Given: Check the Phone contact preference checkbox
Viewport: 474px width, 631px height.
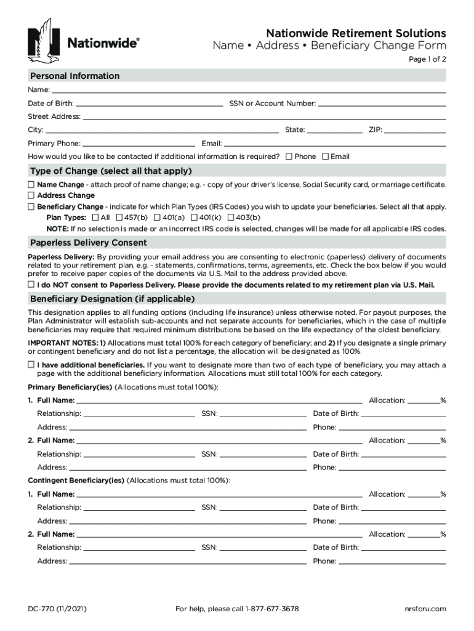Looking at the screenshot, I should tap(289, 157).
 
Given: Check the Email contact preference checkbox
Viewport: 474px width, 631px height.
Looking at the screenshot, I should tap(326, 157).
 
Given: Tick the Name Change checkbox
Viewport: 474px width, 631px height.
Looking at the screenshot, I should tap(31, 185).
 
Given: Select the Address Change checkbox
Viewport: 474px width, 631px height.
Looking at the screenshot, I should tap(31, 195).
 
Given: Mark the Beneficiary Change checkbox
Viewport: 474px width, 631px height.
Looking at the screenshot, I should tap(31, 206).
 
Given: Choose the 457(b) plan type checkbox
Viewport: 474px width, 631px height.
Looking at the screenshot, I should tap(119, 218).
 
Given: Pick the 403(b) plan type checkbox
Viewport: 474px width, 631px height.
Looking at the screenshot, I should tap(231, 218).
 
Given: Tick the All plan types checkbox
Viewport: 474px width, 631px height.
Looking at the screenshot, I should tap(95, 218).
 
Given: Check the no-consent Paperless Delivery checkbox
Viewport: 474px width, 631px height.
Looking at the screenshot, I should tap(31, 285).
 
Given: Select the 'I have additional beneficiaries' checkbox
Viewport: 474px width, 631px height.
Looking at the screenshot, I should tap(31, 365).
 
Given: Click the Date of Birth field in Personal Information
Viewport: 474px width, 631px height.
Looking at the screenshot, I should tap(149, 104).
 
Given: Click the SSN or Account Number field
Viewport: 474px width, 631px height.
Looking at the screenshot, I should tap(382, 104).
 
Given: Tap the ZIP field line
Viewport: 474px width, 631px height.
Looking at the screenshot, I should tap(415, 130).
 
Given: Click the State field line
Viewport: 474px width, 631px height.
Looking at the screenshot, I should tap(334, 130).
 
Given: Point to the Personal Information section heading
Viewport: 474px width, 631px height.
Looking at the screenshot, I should tap(74, 76).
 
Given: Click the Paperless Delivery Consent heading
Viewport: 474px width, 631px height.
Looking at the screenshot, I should tap(88, 243).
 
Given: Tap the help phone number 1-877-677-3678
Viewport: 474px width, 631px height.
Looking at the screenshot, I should tap(271, 609).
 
